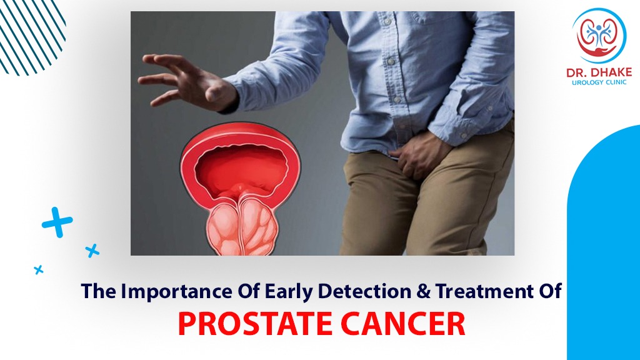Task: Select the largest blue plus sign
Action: click(x=57, y=222)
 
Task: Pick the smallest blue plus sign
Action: click(x=39, y=269)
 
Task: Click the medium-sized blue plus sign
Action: click(x=92, y=251)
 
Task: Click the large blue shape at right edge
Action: click(x=606, y=250)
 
